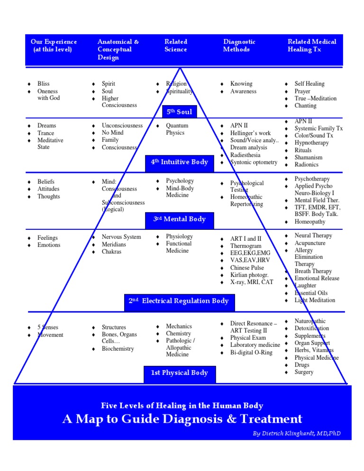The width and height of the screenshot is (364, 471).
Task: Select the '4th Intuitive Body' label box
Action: [x=180, y=162]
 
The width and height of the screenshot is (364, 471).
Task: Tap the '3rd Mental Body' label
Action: [x=180, y=219]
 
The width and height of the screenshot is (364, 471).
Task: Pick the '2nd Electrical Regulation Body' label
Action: [x=179, y=301]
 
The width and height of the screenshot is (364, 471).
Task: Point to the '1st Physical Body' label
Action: [x=180, y=373]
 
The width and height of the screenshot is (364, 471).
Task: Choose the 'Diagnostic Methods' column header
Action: [x=239, y=45]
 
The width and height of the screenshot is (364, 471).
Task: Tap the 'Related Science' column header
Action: [x=176, y=45]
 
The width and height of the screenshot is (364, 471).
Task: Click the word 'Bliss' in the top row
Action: [x=44, y=84]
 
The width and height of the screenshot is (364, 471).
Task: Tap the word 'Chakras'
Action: [x=111, y=252]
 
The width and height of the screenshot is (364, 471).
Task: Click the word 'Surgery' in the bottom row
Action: [x=304, y=372]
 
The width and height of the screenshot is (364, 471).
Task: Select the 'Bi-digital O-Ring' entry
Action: [x=252, y=353]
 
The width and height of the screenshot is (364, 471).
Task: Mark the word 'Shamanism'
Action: [x=309, y=157]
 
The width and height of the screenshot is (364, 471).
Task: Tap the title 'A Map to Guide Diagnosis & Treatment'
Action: [x=182, y=419]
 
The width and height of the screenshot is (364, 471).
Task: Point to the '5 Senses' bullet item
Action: [x=48, y=327]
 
